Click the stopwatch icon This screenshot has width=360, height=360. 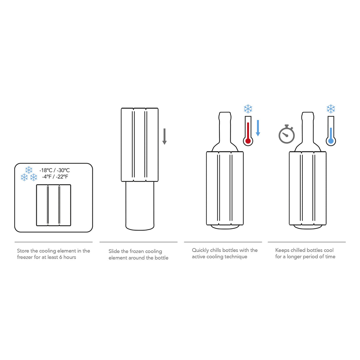(x=286, y=135)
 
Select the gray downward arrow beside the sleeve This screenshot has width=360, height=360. (x=164, y=137)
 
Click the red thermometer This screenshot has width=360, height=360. (x=248, y=131)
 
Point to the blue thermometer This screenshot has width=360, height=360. (x=331, y=131)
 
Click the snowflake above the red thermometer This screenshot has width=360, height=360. (x=248, y=109)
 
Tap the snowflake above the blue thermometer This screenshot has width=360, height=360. (x=331, y=109)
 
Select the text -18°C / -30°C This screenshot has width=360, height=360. (x=55, y=170)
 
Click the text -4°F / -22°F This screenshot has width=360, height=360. (x=55, y=177)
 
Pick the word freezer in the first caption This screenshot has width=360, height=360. (x=25, y=257)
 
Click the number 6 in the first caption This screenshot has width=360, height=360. (x=60, y=257)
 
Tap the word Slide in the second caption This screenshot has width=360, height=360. (x=114, y=251)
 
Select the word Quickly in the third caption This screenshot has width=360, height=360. (x=200, y=250)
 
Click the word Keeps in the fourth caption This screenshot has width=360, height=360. (x=282, y=250)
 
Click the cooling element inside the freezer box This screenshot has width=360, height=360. (x=53, y=205)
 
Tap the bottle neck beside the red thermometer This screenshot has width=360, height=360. (x=225, y=127)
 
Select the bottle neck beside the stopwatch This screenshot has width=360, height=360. (x=308, y=127)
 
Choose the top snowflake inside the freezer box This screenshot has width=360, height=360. (x=29, y=170)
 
